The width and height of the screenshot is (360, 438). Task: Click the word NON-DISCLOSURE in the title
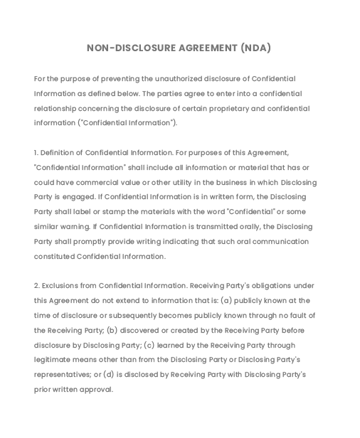(131, 48)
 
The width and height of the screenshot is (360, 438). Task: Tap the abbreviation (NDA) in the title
(255, 48)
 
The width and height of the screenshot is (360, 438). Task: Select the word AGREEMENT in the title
(208, 48)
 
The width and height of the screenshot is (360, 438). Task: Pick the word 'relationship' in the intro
(58, 109)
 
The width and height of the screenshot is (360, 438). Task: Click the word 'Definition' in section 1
(61, 153)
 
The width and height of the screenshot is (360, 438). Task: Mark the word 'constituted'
(54, 257)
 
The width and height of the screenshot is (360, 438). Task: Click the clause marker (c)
(149, 346)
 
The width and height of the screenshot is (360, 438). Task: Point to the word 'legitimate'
(53, 360)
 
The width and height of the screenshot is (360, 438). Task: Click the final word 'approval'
(97, 390)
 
